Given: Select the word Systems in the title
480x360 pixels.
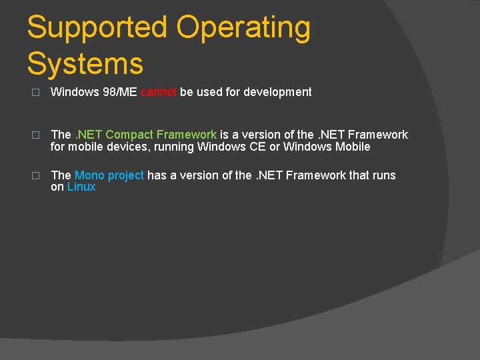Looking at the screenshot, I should [85, 65].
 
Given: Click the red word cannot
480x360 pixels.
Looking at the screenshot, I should [159, 92].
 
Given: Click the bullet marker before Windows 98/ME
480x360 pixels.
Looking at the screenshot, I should [36, 93].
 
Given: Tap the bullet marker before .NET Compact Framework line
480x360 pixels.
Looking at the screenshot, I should [36, 135].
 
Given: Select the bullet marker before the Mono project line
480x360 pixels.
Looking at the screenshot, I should [36, 175].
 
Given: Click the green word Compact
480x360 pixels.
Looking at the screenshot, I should [130, 135].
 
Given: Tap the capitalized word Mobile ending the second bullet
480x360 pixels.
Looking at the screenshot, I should [353, 147].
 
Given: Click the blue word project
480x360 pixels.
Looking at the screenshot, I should [126, 175].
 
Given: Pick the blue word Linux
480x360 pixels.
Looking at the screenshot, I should [81, 187].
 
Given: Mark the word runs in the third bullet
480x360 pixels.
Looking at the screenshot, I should [383, 175].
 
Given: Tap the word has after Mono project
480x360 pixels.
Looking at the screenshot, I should [157, 175].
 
